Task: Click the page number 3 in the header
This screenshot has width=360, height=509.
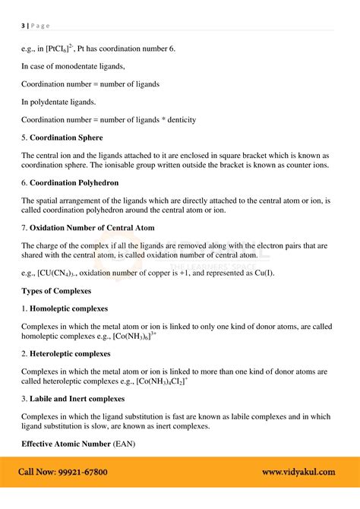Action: point(23,24)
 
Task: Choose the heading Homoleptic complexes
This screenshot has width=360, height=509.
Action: point(68,308)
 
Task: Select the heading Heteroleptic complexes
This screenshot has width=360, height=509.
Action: point(70,353)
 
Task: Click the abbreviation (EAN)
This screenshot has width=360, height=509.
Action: point(125,444)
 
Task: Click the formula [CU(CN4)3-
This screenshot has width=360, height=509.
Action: point(63,273)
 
